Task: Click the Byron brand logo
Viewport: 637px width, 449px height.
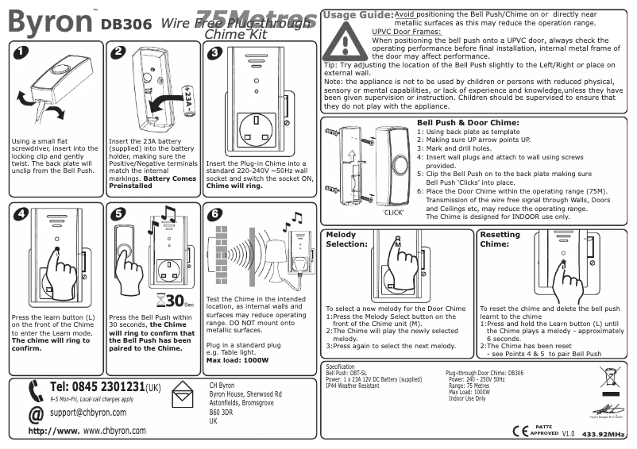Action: (x=48, y=21)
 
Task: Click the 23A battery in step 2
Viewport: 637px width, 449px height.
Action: (x=188, y=101)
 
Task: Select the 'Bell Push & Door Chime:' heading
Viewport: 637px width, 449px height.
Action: (x=468, y=123)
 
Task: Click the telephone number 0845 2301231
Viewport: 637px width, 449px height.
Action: (x=97, y=387)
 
